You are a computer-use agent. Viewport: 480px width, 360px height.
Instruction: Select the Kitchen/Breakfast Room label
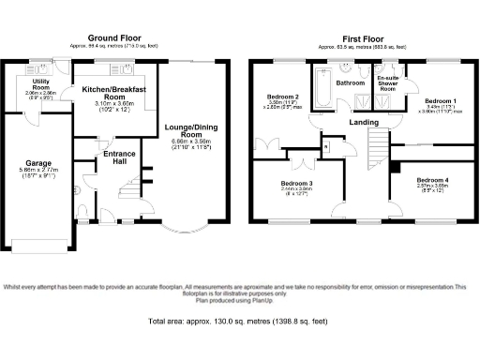point(116,92)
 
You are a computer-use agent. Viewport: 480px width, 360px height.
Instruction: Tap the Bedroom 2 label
point(282,97)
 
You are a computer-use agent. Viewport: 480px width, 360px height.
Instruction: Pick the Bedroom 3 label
point(296,182)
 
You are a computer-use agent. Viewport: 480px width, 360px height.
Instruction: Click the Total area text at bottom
point(239,322)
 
